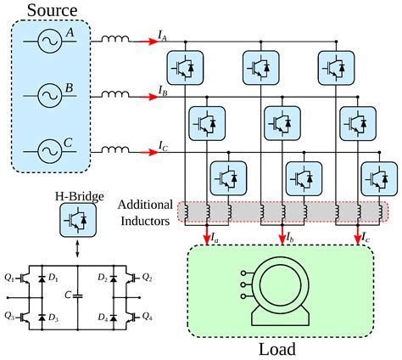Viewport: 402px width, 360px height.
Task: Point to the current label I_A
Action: [x=162, y=35]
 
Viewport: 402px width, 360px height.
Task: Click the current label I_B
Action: [x=162, y=89]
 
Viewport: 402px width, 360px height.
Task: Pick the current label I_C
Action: [x=163, y=146]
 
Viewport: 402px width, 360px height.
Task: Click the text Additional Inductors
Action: [x=145, y=212]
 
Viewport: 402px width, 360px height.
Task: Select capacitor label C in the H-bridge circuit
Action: [x=65, y=295]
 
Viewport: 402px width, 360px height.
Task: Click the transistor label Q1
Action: [x=8, y=276]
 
